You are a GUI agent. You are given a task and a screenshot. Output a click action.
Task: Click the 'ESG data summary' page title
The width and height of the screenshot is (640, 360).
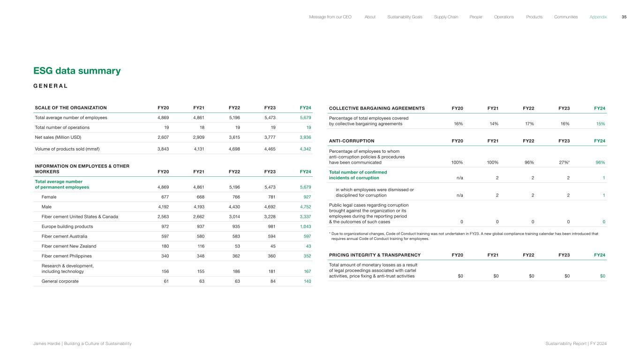click(77, 71)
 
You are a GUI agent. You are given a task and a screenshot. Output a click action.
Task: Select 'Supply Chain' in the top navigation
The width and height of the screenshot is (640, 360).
click(446, 17)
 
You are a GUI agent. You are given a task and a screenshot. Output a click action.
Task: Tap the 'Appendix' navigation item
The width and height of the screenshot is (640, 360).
click(598, 17)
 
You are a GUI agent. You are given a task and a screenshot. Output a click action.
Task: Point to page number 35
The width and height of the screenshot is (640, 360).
click(624, 17)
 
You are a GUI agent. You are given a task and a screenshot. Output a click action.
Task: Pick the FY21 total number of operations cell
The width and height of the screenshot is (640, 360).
click(202, 127)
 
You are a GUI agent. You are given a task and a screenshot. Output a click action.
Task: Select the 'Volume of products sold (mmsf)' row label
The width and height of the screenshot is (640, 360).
click(68, 149)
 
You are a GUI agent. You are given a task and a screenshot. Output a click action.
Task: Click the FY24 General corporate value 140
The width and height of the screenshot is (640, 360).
click(307, 281)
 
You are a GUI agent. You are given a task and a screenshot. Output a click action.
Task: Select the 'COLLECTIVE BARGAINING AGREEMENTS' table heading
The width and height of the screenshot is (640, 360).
click(377, 108)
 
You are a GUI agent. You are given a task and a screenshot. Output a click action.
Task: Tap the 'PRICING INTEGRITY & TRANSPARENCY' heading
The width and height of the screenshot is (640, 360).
click(375, 255)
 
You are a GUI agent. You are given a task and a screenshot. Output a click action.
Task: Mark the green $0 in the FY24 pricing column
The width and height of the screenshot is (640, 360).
click(602, 276)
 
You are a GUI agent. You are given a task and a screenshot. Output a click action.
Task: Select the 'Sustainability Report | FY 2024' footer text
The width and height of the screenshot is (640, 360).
click(576, 344)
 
